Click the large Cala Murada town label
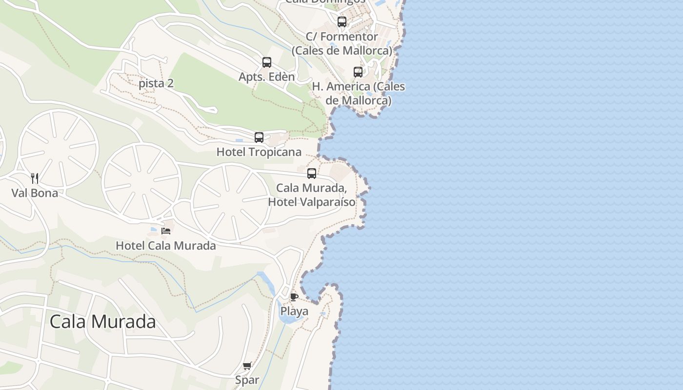point(103,322)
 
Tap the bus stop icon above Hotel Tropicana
point(259,137)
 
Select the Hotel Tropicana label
point(259,152)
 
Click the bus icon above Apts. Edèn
point(267,62)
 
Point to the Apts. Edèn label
point(267,77)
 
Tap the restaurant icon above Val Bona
point(35,178)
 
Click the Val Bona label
point(35,193)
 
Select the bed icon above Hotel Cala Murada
point(166,231)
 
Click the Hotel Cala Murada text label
point(166,246)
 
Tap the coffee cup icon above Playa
point(294,297)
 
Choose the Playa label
point(294,312)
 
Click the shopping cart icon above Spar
point(247,366)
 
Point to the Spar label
point(247,380)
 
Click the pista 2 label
point(156,83)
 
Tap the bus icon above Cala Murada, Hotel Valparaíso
point(312,174)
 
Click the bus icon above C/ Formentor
point(342,22)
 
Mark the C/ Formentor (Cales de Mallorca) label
point(342,43)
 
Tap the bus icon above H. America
point(358,72)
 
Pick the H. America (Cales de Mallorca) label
point(359,93)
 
